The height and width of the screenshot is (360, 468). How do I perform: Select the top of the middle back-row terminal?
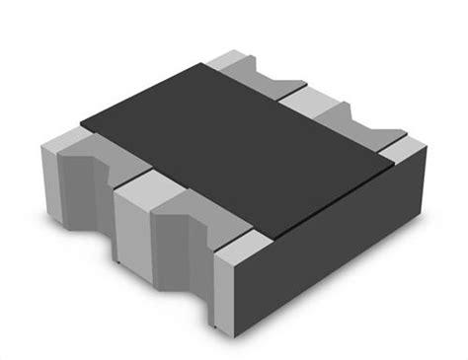click(x=316, y=93)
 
